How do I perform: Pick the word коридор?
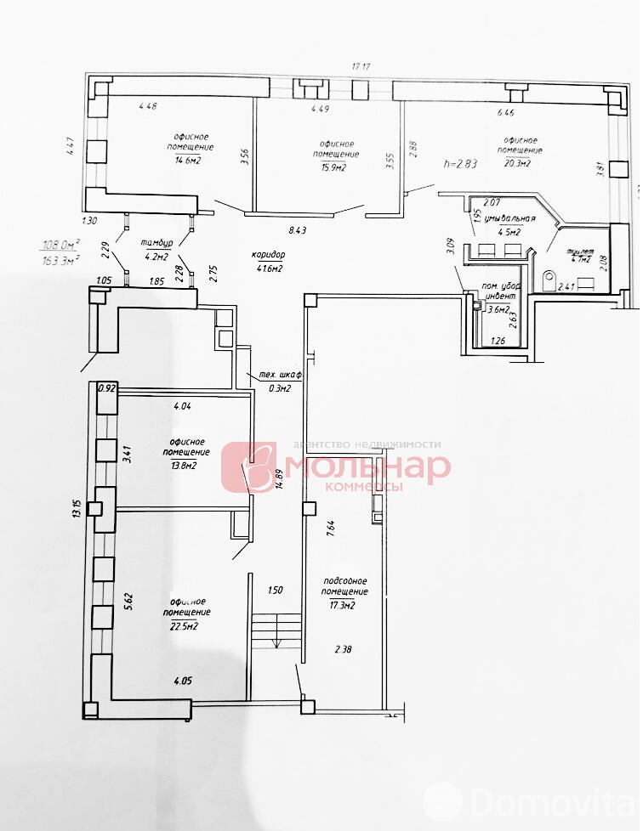coord(267,255)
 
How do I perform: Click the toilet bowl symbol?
coord(549,276)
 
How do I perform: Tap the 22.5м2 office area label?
coord(185,626)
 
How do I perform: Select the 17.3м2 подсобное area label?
coord(344,605)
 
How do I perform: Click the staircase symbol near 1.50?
coord(276,630)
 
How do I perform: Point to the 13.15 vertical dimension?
coord(77,507)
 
